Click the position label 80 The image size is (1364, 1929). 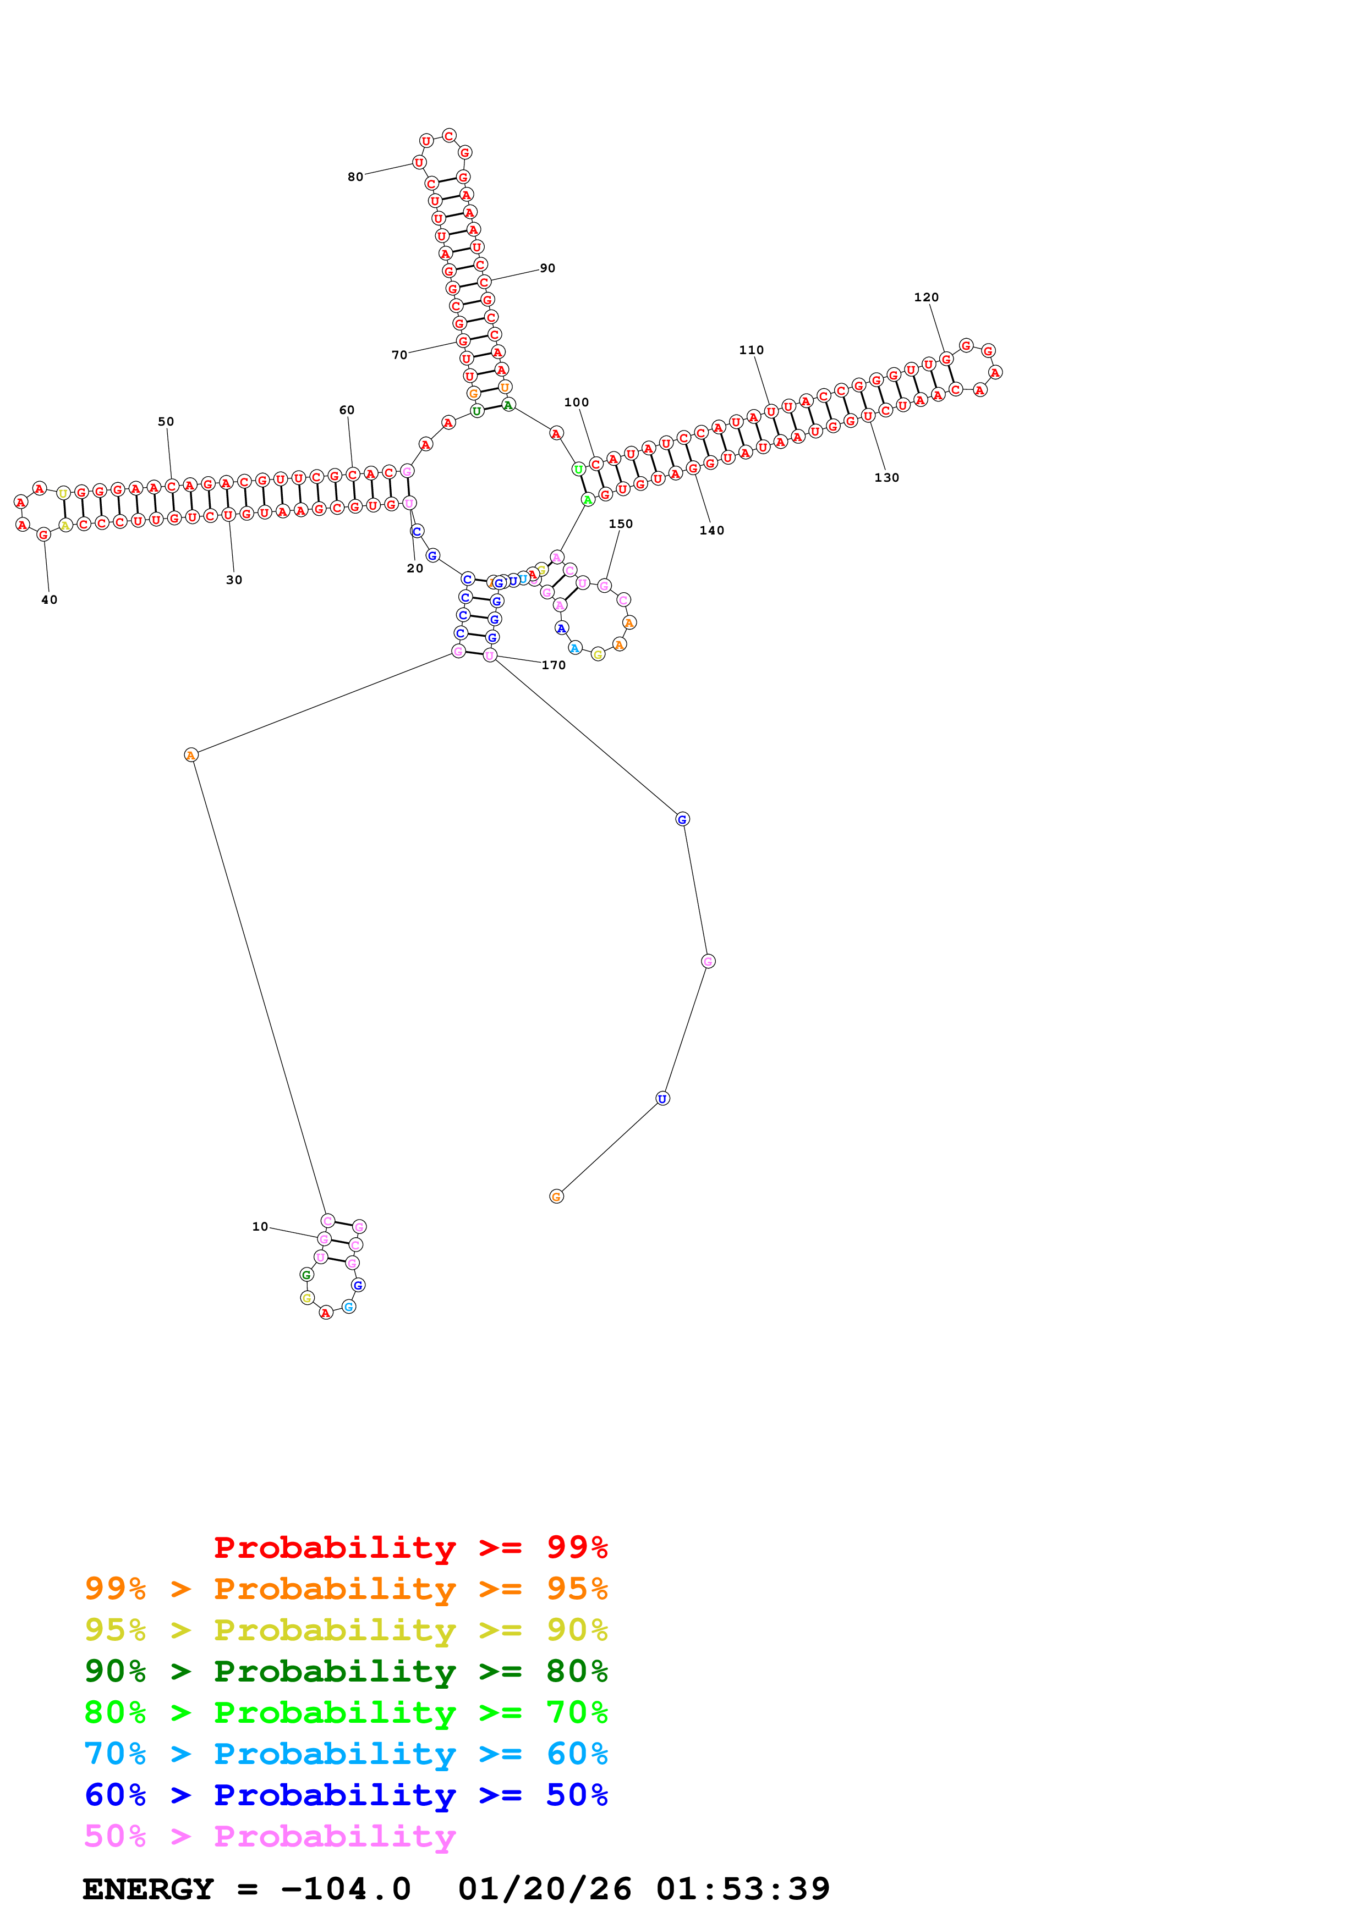tap(355, 177)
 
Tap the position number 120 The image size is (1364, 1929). tap(926, 297)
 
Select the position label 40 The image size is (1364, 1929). tap(50, 600)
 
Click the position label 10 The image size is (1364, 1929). tap(260, 1227)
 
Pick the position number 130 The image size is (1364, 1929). tap(886, 478)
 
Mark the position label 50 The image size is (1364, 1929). tap(166, 422)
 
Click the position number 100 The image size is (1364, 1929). tap(577, 403)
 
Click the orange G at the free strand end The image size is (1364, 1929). tap(556, 1197)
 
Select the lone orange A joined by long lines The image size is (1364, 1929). tap(191, 756)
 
